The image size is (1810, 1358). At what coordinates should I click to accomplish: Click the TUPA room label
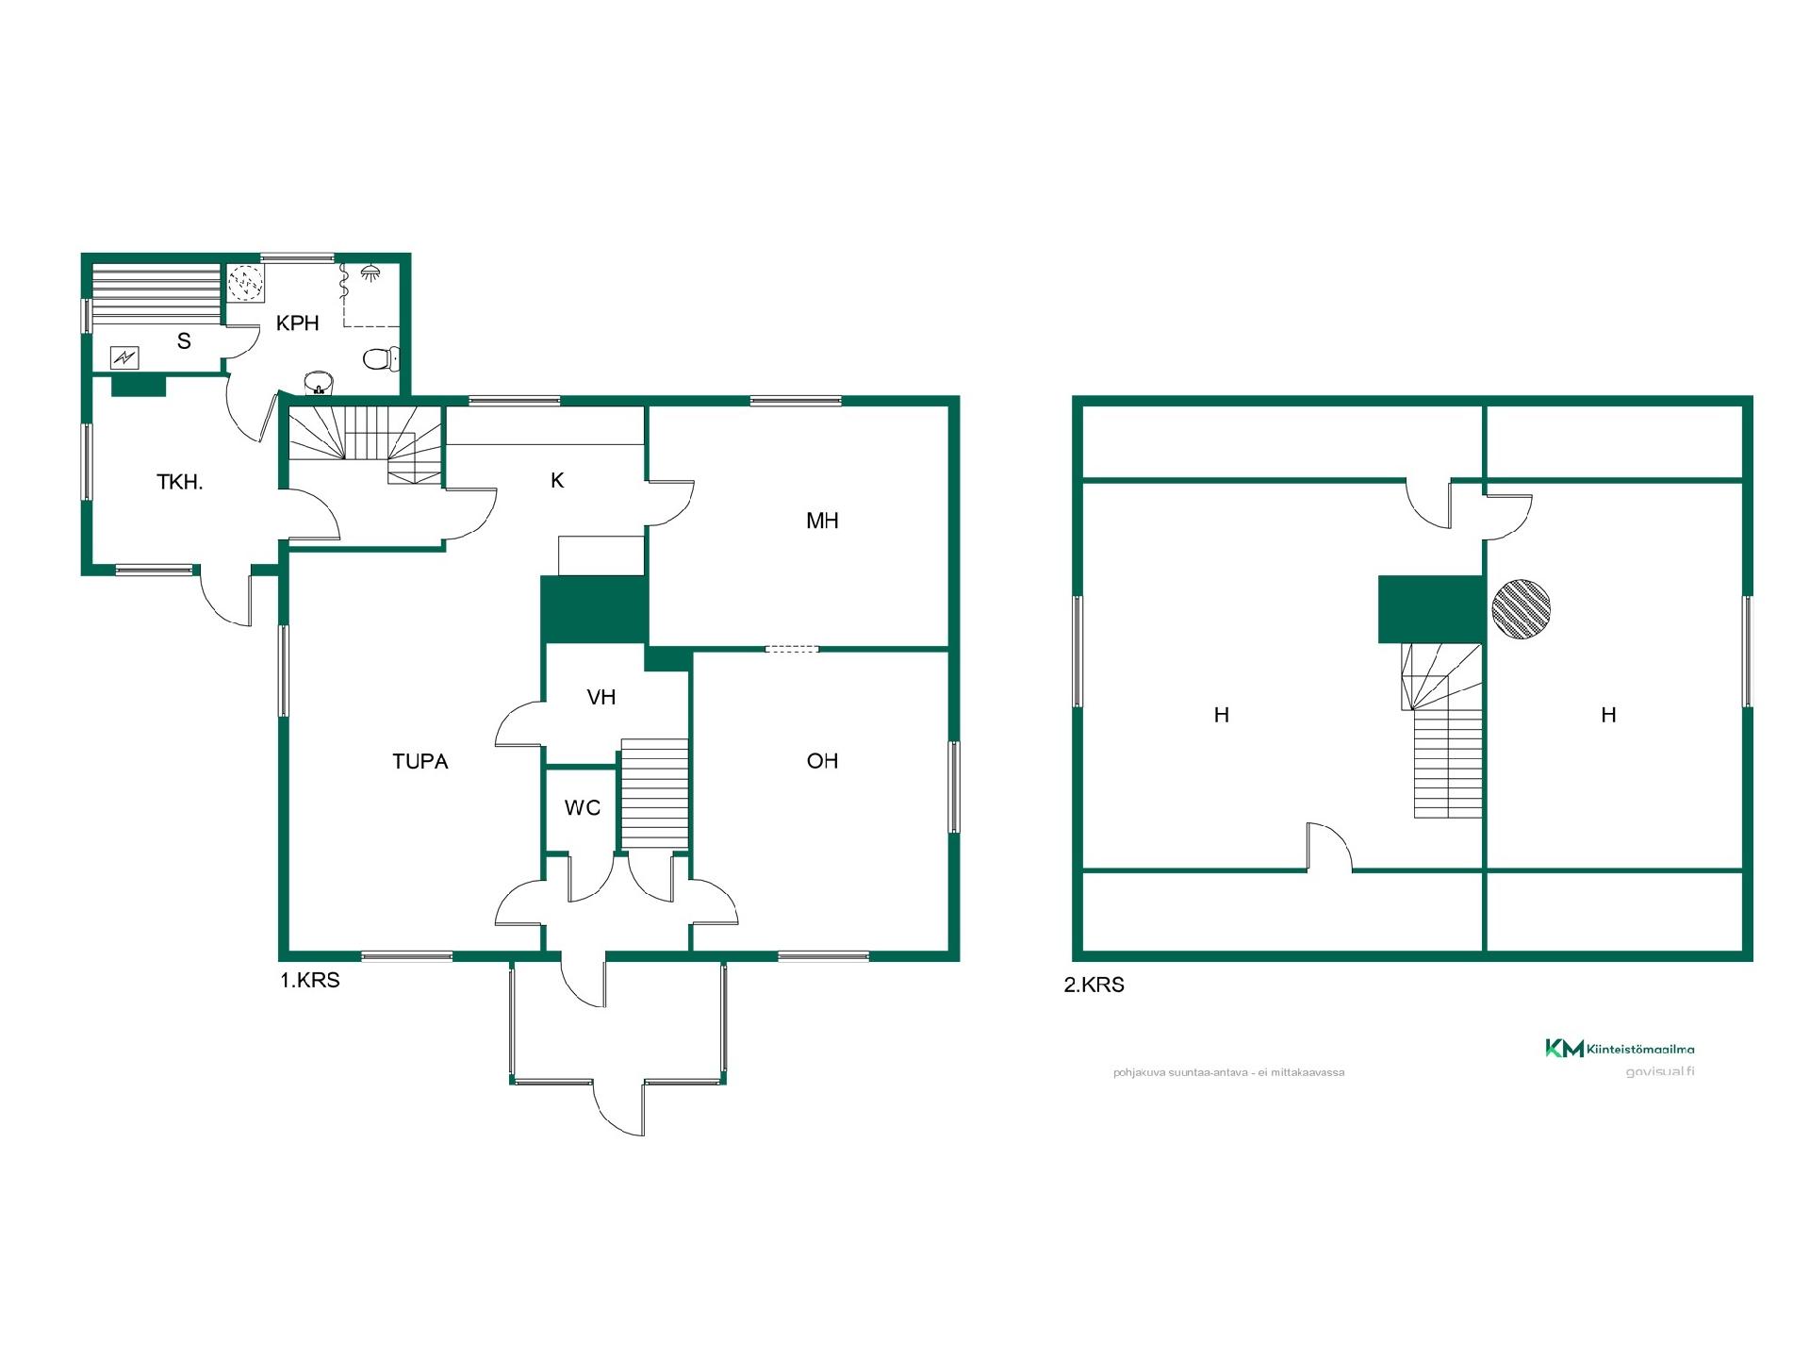pos(420,761)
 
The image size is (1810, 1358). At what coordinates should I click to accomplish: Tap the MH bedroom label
pos(822,521)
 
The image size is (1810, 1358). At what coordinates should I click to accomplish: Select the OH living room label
pos(822,761)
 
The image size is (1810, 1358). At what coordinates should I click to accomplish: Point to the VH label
pos(601,697)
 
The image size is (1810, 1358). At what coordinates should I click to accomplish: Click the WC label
pos(583,807)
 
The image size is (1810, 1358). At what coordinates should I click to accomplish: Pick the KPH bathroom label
pos(298,323)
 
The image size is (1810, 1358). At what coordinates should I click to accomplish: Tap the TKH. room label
pos(180,483)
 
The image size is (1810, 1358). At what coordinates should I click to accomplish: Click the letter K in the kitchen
pos(557,480)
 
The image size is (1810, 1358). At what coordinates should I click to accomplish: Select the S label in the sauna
pos(184,341)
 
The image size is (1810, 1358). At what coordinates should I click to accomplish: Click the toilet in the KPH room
pos(381,358)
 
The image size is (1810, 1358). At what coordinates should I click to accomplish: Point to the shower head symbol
pos(370,273)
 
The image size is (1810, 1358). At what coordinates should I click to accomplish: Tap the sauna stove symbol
pos(124,357)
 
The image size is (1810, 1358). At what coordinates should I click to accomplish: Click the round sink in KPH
pos(319,383)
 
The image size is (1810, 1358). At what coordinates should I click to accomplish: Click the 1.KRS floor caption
pos(310,980)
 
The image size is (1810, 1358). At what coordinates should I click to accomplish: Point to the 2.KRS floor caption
pos(1094,985)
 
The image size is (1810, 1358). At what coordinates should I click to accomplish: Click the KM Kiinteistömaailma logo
pos(1619,1048)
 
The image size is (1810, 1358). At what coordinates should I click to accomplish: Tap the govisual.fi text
pos(1660,1071)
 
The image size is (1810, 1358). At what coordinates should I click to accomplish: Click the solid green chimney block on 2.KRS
pos(1431,609)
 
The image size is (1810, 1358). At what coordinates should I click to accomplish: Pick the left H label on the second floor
pos(1222,715)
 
